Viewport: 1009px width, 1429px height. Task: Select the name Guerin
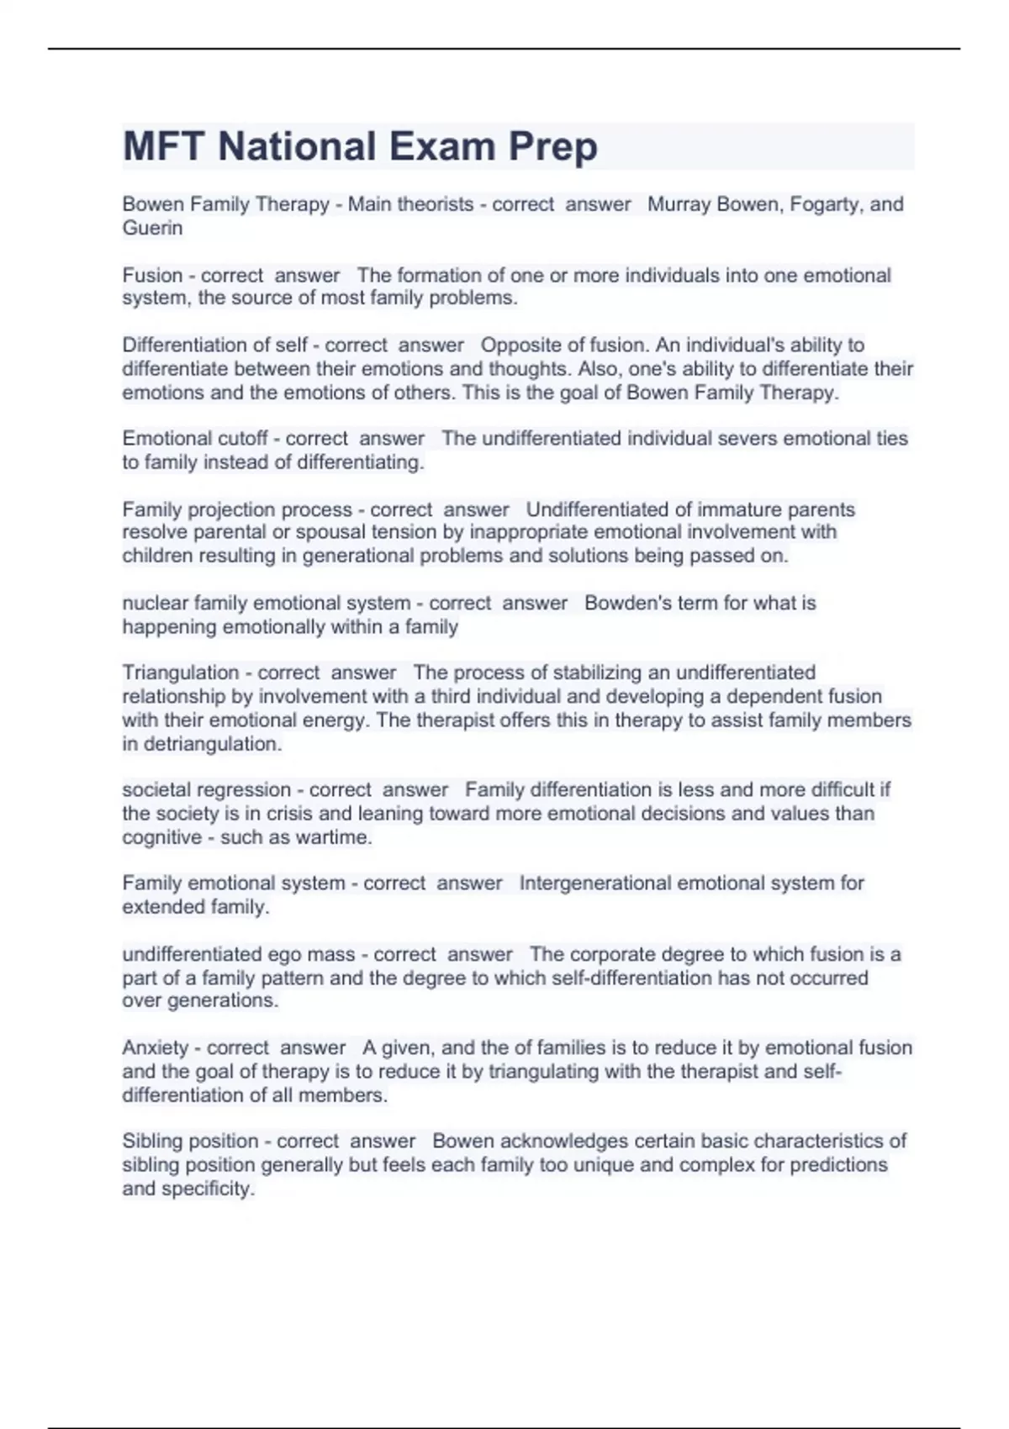(152, 228)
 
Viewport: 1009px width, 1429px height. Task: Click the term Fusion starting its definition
(152, 275)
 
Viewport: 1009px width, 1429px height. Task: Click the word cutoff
(243, 438)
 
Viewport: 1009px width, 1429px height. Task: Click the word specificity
(206, 1189)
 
